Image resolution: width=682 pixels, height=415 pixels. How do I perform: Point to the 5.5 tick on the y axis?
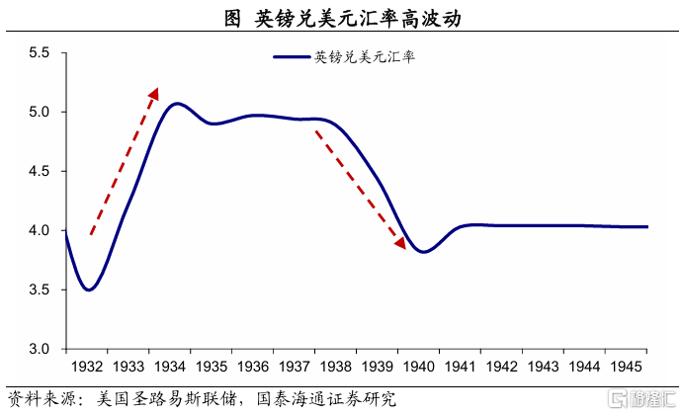coord(41,52)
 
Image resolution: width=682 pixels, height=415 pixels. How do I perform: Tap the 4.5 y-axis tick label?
coord(41,171)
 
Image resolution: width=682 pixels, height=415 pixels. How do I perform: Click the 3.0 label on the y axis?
coord(41,349)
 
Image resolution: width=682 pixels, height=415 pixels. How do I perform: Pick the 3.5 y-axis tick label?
coord(41,290)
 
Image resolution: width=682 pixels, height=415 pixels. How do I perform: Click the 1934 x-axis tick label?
coord(169,367)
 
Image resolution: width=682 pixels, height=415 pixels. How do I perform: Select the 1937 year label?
coord(294,367)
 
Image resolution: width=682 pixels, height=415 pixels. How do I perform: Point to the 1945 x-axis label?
coord(626,367)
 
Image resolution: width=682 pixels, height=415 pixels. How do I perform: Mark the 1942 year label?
coord(501,367)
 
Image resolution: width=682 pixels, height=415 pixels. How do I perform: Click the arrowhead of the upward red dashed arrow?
coord(155,92)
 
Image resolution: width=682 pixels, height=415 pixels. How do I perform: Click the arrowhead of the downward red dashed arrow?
coord(400,243)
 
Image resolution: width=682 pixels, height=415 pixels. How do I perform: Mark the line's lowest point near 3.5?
coord(90,290)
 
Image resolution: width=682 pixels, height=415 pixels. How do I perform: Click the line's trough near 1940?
coord(423,252)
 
